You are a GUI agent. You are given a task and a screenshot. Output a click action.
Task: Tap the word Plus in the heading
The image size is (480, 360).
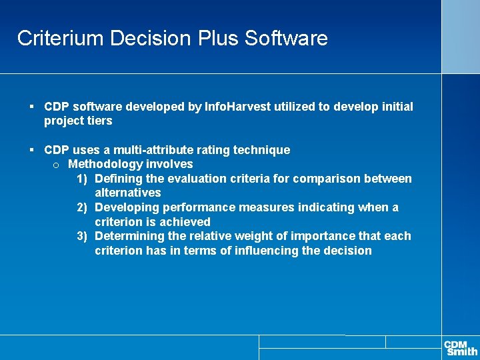point(219,38)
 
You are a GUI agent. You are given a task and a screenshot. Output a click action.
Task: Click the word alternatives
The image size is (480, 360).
point(128,193)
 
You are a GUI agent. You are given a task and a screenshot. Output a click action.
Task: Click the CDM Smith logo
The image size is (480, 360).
point(461,347)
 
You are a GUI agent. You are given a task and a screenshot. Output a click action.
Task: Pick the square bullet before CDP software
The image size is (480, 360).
point(32,107)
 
